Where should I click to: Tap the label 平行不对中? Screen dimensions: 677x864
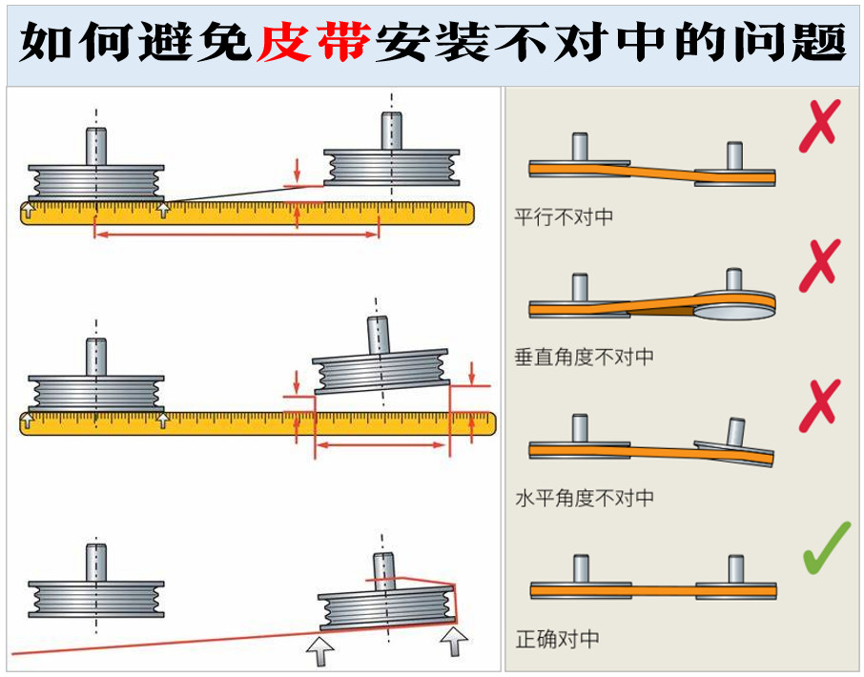[x=564, y=217]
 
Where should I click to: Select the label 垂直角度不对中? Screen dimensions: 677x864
[x=585, y=358]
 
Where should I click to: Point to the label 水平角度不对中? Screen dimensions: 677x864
[x=585, y=498]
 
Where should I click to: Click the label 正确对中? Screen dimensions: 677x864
[x=557, y=639]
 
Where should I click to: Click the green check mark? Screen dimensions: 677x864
[x=825, y=551]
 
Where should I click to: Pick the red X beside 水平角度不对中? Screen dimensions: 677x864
[x=822, y=406]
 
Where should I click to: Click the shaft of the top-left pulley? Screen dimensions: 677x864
[x=95, y=146]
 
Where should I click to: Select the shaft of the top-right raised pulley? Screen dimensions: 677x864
[x=391, y=132]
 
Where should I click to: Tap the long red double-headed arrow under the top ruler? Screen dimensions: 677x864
[x=237, y=233]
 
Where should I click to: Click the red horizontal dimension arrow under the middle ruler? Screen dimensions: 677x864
[x=381, y=445]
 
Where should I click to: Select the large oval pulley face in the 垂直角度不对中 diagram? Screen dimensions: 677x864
[x=735, y=304]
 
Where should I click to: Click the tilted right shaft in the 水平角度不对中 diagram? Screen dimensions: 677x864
[x=736, y=432]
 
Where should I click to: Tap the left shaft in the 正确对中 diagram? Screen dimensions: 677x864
[x=578, y=569]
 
